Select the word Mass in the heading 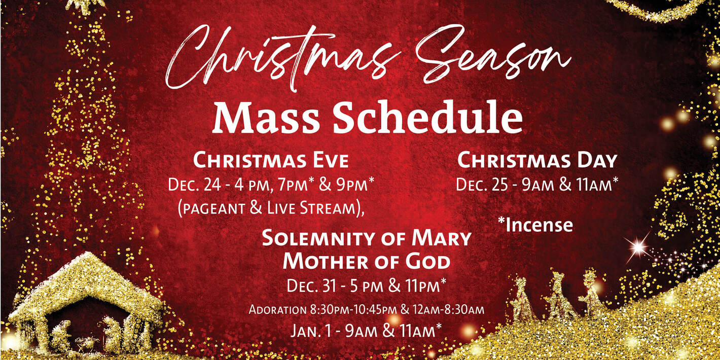click(266, 119)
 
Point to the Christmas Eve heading click(271, 161)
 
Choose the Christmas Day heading click(537, 161)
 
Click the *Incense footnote click(535, 225)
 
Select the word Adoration click(277, 309)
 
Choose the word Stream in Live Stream click(334, 208)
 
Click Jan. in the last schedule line click(306, 331)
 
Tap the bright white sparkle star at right click(637, 247)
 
